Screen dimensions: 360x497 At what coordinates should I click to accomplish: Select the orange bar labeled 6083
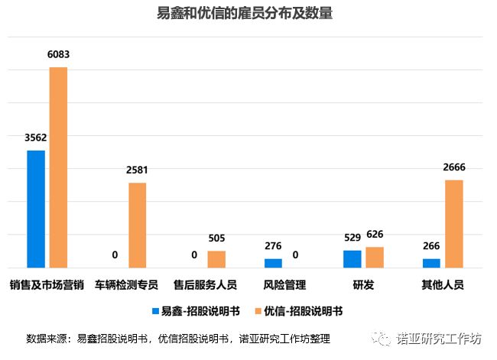(x=59, y=167)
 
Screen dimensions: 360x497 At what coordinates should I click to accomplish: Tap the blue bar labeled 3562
(x=36, y=209)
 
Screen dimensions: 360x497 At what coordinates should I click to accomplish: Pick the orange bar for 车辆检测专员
(x=138, y=225)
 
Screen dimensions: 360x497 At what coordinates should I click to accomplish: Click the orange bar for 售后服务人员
(x=216, y=259)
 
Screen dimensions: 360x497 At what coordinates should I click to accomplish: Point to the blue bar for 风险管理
(x=273, y=263)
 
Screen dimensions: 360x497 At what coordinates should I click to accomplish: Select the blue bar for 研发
(x=352, y=259)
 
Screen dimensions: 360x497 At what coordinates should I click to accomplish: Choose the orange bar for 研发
(x=375, y=258)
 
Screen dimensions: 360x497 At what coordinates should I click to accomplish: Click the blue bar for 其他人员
(x=431, y=263)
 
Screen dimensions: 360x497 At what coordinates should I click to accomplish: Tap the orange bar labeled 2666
(x=454, y=224)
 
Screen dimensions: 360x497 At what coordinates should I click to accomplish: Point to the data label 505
(x=216, y=238)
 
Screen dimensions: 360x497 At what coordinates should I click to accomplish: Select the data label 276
(x=273, y=246)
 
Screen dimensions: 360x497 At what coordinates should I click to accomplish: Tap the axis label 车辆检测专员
(x=126, y=285)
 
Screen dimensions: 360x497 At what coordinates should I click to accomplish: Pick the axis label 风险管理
(x=284, y=285)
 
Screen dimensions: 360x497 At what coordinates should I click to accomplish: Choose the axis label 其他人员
(x=443, y=285)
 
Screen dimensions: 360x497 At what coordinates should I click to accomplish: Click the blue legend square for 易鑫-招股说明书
(x=155, y=311)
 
